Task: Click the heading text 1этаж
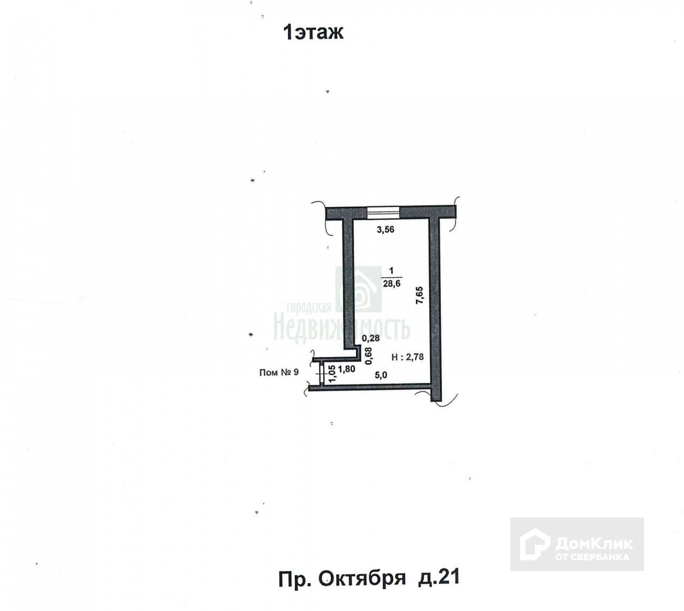pos(313,33)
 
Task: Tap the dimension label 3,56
pos(386,230)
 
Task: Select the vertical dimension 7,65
pos(419,295)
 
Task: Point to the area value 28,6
pos(392,284)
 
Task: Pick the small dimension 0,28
pos(371,338)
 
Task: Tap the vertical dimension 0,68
pos(368,356)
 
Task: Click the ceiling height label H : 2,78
pos(408,357)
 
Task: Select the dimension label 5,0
pos(380,375)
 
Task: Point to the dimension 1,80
pos(347,369)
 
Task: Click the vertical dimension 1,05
pos(332,373)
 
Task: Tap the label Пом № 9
pos(278,372)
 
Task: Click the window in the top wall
pos(383,212)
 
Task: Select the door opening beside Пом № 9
pos(321,372)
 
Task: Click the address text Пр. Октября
pos(342,578)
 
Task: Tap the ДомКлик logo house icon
pos(535,544)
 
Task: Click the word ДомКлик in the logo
pos(594,544)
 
